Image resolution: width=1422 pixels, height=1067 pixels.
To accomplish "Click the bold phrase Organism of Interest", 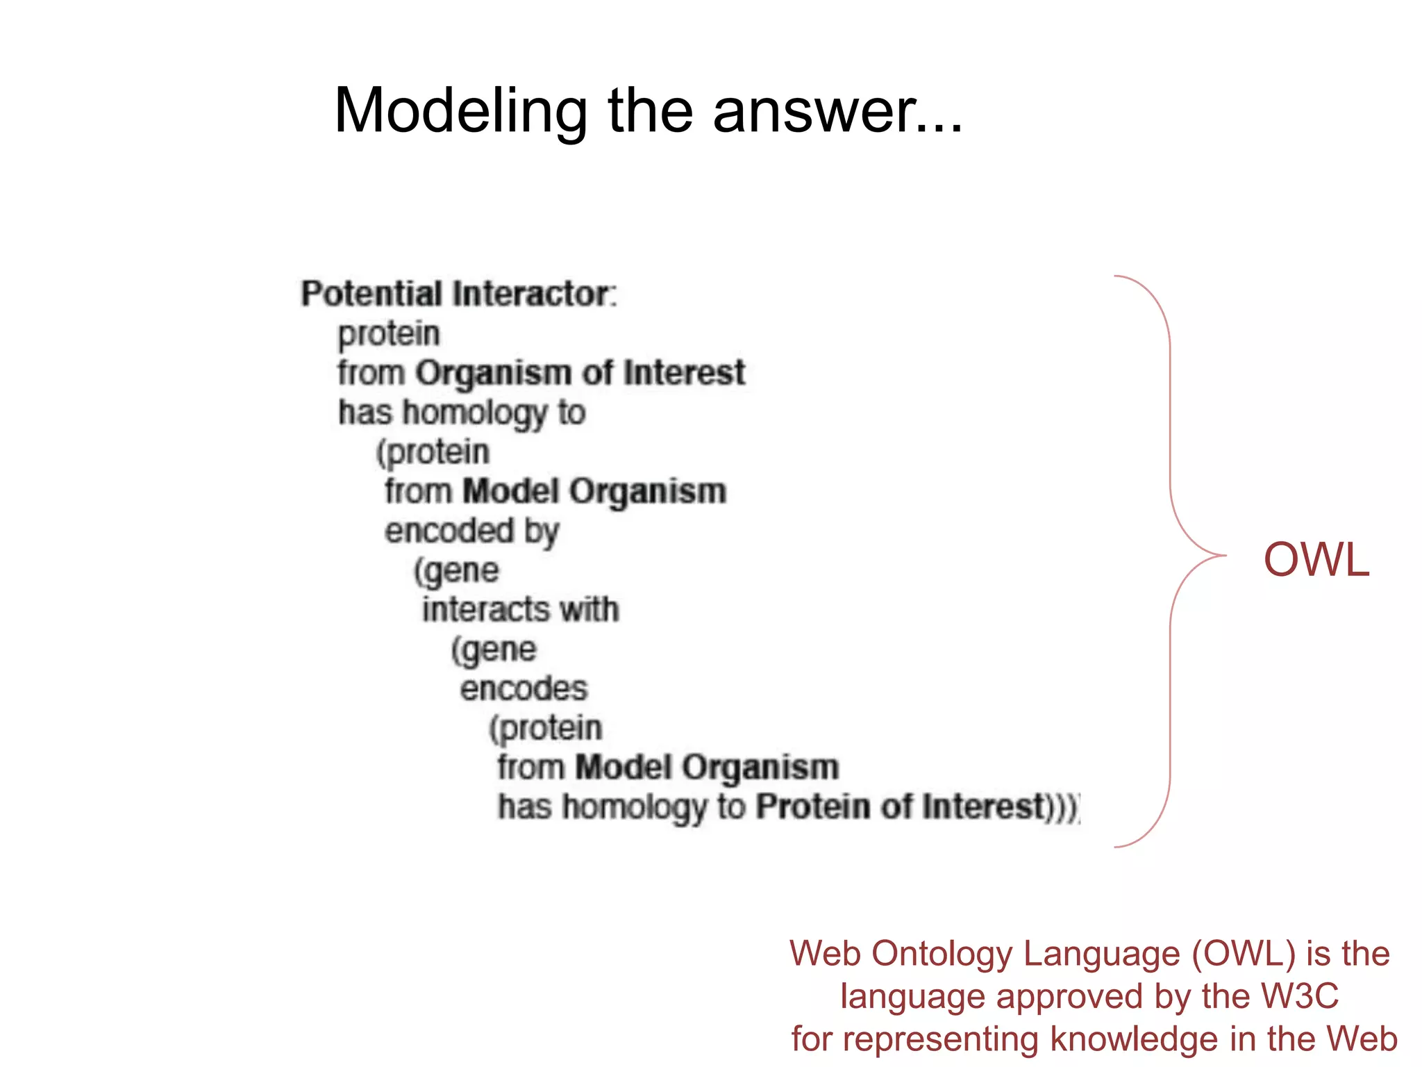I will coord(580,373).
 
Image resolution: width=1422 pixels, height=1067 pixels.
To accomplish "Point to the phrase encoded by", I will coord(471,531).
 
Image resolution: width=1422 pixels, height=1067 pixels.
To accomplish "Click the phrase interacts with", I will coord(520,610).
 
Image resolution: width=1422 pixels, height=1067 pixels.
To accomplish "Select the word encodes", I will coord(524,689).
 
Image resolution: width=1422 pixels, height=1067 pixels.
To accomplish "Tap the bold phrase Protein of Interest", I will coord(901,807).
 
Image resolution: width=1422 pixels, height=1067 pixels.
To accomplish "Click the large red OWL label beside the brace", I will coord(1316,560).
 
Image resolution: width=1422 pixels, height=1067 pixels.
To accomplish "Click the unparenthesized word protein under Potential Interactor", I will coord(389,334).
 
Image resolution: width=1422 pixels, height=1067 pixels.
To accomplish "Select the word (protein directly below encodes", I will coord(545,729).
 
